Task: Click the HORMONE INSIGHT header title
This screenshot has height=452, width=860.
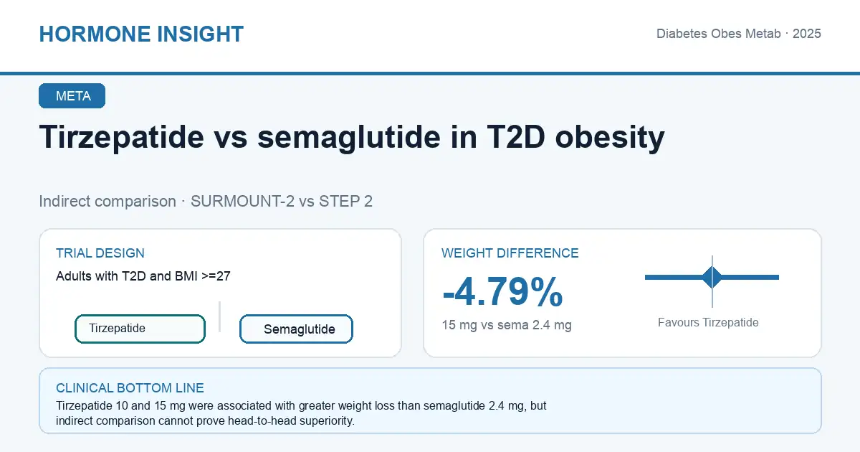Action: (x=141, y=34)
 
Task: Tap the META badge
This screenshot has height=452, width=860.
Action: (x=72, y=95)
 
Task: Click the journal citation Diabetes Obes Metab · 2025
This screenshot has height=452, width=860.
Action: (x=739, y=34)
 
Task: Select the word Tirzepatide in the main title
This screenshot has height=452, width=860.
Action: (x=122, y=138)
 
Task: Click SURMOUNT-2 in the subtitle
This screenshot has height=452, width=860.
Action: (x=243, y=202)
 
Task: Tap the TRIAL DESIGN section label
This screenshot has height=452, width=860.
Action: (x=100, y=253)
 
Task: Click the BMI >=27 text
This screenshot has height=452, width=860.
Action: (x=203, y=276)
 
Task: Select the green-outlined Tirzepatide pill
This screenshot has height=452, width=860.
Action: (x=140, y=329)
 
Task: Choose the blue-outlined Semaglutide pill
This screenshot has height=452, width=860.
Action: (x=296, y=329)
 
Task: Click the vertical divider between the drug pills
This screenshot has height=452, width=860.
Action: (x=219, y=316)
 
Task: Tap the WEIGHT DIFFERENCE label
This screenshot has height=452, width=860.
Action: (x=510, y=253)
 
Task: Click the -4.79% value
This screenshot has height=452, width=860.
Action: (x=502, y=292)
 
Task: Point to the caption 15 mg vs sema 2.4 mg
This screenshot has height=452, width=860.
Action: (x=507, y=325)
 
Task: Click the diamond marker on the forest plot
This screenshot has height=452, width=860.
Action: (x=712, y=277)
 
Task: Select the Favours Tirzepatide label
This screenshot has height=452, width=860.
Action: (x=708, y=322)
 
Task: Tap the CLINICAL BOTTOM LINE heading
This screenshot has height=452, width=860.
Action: (x=130, y=388)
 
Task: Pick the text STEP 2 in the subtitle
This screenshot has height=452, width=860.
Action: (x=345, y=202)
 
